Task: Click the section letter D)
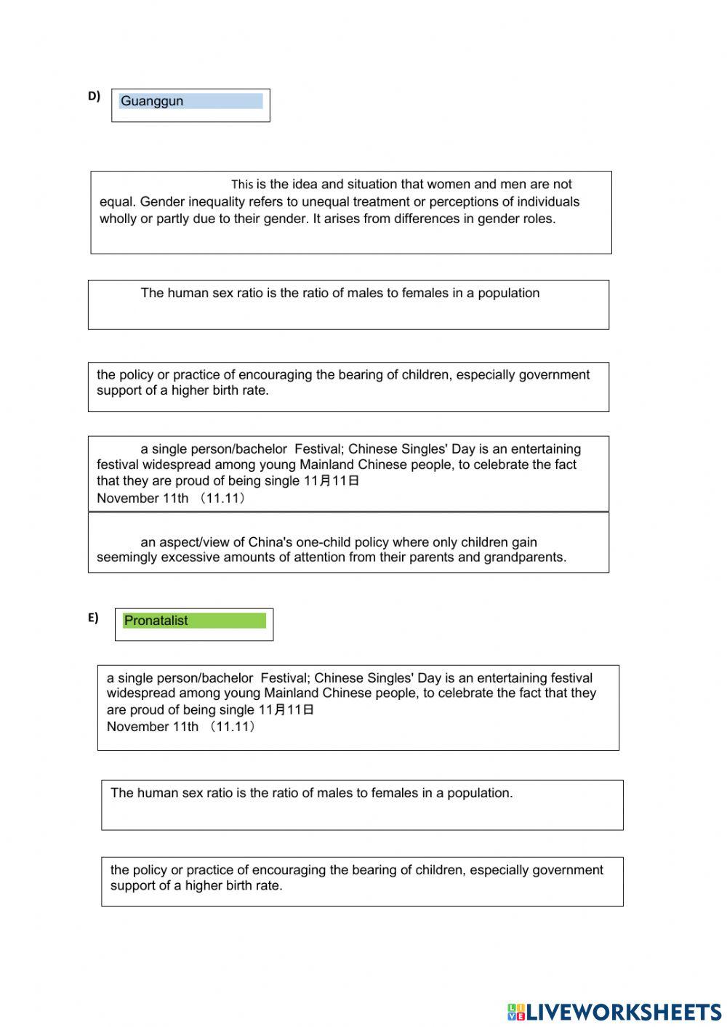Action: coord(94,96)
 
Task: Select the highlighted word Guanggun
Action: coord(152,101)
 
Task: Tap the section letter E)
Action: coord(93,618)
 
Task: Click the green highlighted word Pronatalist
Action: coord(156,621)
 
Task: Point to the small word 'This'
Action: coord(242,185)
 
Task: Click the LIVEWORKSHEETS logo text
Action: coord(624,1012)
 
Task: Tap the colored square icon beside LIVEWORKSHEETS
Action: coord(516,1012)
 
